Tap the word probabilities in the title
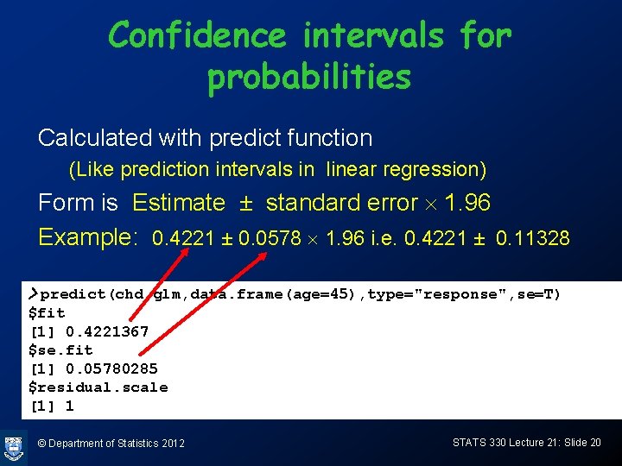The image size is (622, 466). tap(309, 78)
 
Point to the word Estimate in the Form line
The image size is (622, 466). tap(178, 203)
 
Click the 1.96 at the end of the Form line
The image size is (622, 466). tap(466, 203)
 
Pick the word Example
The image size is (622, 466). tap(87, 237)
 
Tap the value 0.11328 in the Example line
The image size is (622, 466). tap(533, 238)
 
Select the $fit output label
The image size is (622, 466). tap(47, 312)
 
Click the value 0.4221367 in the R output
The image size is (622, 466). tap(107, 331)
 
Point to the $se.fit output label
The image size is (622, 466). tap(60, 350)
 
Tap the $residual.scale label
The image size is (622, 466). tap(98, 387)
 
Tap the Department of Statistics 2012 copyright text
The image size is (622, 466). tap(111, 443)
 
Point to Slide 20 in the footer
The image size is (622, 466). tap(583, 442)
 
